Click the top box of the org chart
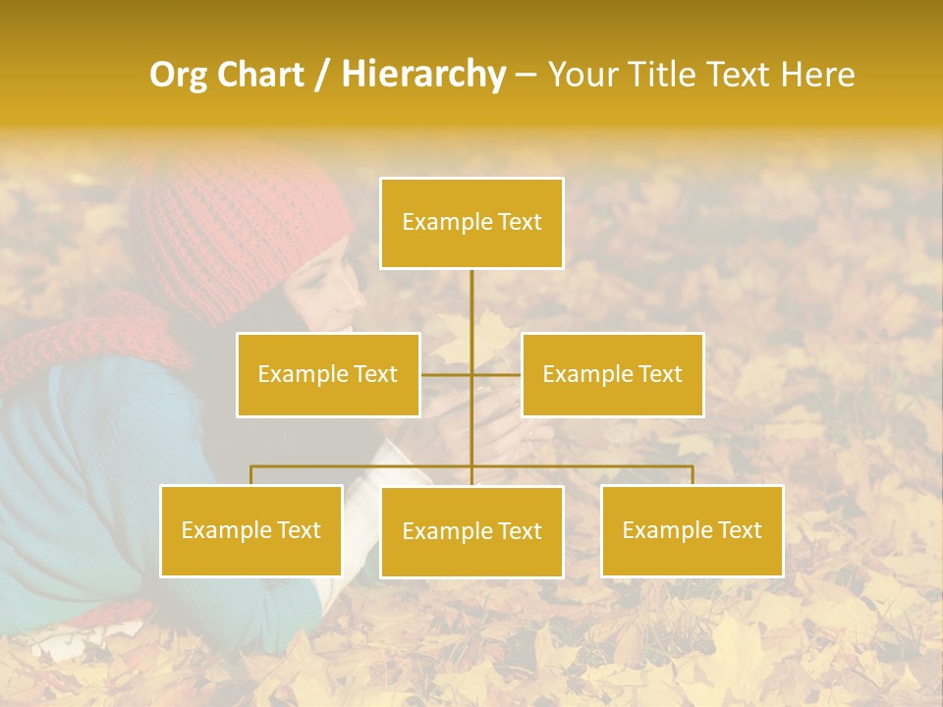pyautogui.click(x=471, y=223)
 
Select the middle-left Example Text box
pyautogui.click(x=328, y=374)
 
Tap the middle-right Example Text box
pyautogui.click(x=612, y=374)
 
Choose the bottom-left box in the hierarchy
pyautogui.click(x=251, y=530)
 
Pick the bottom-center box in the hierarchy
pyautogui.click(x=471, y=531)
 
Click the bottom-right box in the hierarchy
pyautogui.click(x=693, y=530)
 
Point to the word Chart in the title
pyautogui.click(x=259, y=75)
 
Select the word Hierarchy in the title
pyautogui.click(x=423, y=75)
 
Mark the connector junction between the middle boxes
pyautogui.click(x=471, y=374)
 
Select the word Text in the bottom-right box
pyautogui.click(x=739, y=530)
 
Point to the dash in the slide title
pyautogui.click(x=526, y=75)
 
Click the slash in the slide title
pyautogui.click(x=322, y=75)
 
